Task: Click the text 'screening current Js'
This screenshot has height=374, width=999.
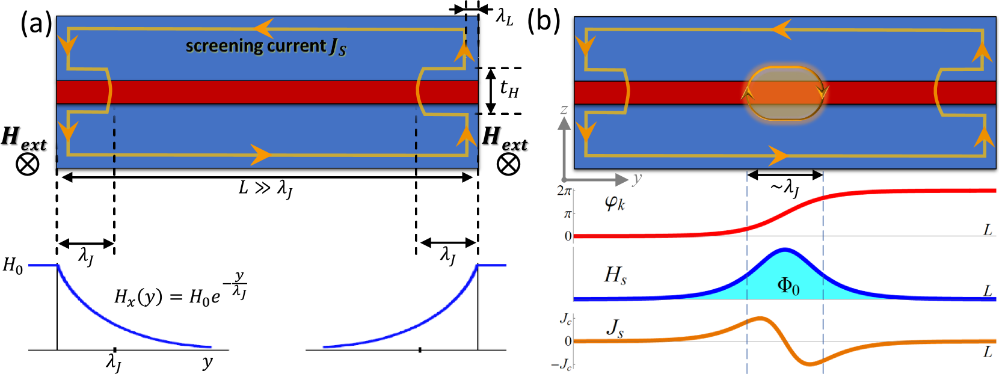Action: (265, 46)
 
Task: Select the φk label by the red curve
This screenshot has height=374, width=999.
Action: (615, 203)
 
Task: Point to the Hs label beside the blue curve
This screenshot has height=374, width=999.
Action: (615, 275)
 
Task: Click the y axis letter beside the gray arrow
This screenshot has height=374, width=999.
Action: (637, 178)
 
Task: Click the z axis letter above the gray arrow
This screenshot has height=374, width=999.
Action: (564, 109)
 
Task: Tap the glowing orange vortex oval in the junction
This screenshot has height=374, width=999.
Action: (785, 93)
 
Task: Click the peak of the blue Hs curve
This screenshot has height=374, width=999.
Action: (784, 249)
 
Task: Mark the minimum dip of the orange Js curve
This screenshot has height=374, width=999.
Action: (810, 364)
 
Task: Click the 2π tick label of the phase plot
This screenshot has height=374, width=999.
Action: (564, 191)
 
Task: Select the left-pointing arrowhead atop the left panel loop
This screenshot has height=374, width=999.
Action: (263, 28)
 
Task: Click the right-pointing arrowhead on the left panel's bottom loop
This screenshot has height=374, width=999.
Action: (260, 155)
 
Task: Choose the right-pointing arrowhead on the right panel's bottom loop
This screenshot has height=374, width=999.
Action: (778, 156)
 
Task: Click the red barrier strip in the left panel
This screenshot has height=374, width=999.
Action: (265, 93)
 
